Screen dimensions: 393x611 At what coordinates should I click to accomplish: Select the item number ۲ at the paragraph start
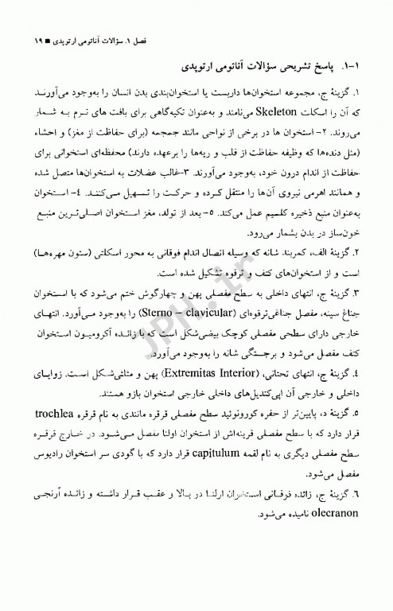(370, 253)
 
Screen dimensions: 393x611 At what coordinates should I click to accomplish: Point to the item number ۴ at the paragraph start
(370, 372)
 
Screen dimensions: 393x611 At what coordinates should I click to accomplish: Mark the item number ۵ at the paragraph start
(370, 414)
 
